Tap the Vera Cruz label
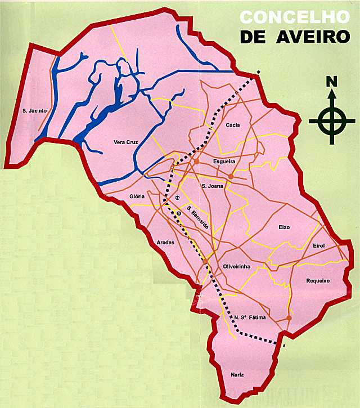(125, 142)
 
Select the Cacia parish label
(233, 125)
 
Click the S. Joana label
(212, 185)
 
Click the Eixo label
(284, 227)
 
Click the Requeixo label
(317, 280)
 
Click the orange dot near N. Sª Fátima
(289, 318)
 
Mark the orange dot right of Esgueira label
(231, 177)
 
